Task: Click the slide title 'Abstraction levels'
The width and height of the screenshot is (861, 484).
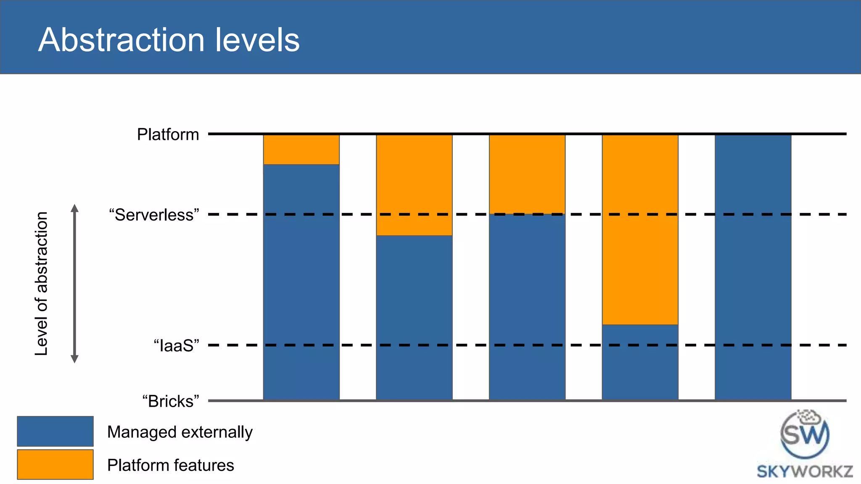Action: pyautogui.click(x=169, y=40)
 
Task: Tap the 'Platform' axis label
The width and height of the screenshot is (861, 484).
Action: pyautogui.click(x=168, y=135)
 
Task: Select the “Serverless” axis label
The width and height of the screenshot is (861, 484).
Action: pyautogui.click(x=154, y=215)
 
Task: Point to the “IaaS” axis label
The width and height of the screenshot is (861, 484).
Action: pyautogui.click(x=176, y=346)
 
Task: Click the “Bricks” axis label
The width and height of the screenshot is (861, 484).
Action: pyautogui.click(x=170, y=401)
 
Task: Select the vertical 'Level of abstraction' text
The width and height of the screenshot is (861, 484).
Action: pyautogui.click(x=41, y=284)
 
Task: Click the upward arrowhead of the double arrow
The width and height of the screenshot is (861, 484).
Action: pyautogui.click(x=74, y=208)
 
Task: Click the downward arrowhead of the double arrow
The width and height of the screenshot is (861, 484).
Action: pyautogui.click(x=74, y=359)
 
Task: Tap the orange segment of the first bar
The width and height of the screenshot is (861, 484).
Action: pyautogui.click(x=301, y=150)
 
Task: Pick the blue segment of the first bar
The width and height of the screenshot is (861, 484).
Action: pyautogui.click(x=301, y=281)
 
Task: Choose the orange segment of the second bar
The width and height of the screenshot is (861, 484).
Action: pyautogui.click(x=414, y=185)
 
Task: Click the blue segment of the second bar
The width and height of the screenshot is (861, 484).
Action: pyautogui.click(x=414, y=317)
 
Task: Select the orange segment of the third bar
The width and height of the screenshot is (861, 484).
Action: pyautogui.click(x=527, y=174)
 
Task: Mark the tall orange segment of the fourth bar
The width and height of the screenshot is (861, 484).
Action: pyautogui.click(x=640, y=229)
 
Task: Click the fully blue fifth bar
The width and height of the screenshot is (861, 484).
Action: pyautogui.click(x=753, y=267)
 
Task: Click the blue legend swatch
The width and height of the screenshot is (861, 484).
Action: pyautogui.click(x=55, y=431)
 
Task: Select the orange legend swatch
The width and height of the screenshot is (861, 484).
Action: pyautogui.click(x=55, y=464)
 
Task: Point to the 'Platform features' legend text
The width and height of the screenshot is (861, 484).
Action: pyautogui.click(x=170, y=466)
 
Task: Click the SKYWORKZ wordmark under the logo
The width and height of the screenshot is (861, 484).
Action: pyautogui.click(x=805, y=471)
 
